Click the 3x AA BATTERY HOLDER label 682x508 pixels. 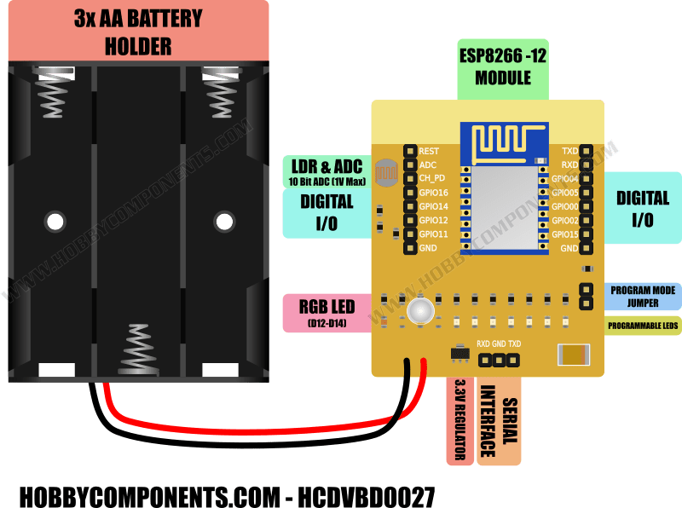138,31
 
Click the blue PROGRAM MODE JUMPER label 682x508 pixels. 644,296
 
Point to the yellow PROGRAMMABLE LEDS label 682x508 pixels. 644,326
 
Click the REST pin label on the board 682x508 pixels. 429,151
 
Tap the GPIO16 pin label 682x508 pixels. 434,193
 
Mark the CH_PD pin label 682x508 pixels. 431,178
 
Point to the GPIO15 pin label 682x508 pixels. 564,234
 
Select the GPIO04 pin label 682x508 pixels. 564,179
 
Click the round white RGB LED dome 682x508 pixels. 419,311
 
